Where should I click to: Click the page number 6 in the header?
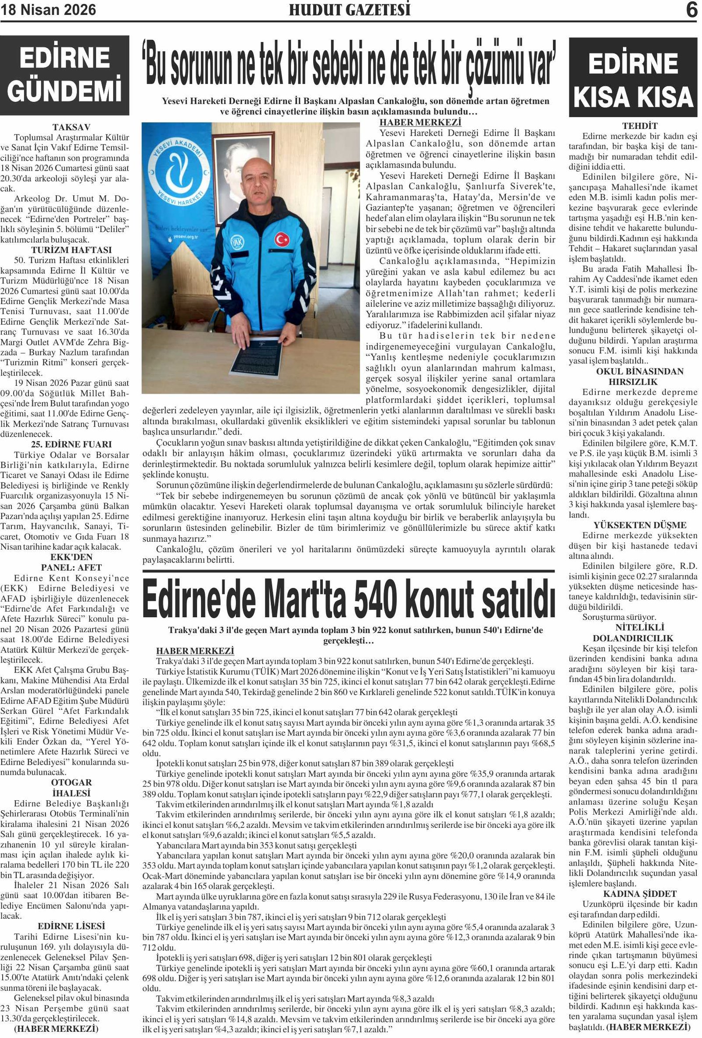pyautogui.click(x=691, y=10)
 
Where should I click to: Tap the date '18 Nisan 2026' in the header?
pyautogui.click(x=48, y=10)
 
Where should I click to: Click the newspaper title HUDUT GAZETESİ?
pyautogui.click(x=349, y=10)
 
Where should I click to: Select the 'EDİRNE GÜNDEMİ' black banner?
pyautogui.click(x=65, y=75)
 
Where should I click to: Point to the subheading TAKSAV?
pyautogui.click(x=71, y=127)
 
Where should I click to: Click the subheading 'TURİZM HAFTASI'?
pyautogui.click(x=71, y=250)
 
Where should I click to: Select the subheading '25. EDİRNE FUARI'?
pyautogui.click(x=71, y=444)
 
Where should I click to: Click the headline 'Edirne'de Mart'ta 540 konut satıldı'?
pyautogui.click(x=349, y=598)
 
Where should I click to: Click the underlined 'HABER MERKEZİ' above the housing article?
pyautogui.click(x=195, y=651)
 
